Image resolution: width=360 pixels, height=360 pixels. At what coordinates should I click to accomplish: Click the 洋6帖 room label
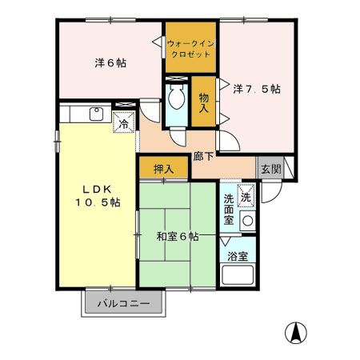coord(106,62)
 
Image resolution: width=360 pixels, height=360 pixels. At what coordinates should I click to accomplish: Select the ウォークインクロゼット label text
coord(190,47)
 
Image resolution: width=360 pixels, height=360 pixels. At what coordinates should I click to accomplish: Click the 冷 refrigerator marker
coord(125,124)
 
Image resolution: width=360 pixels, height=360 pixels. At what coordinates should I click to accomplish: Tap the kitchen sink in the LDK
coord(95,114)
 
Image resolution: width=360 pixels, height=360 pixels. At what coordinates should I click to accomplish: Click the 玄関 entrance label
coord(270,169)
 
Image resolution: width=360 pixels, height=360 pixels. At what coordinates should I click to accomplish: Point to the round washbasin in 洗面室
coord(248,220)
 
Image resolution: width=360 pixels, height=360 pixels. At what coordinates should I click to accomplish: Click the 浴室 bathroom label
coord(238,258)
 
